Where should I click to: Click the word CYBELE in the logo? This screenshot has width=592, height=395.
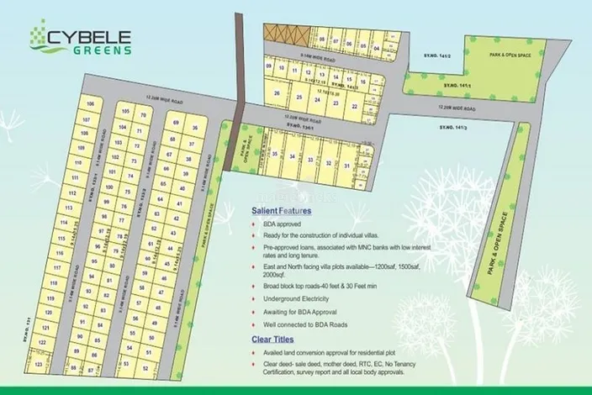(x=91, y=34)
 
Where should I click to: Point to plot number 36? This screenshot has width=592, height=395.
(x=195, y=128)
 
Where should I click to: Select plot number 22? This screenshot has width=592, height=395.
(x=355, y=107)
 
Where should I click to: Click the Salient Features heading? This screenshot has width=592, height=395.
(x=280, y=213)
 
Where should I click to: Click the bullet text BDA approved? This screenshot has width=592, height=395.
(x=278, y=226)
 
